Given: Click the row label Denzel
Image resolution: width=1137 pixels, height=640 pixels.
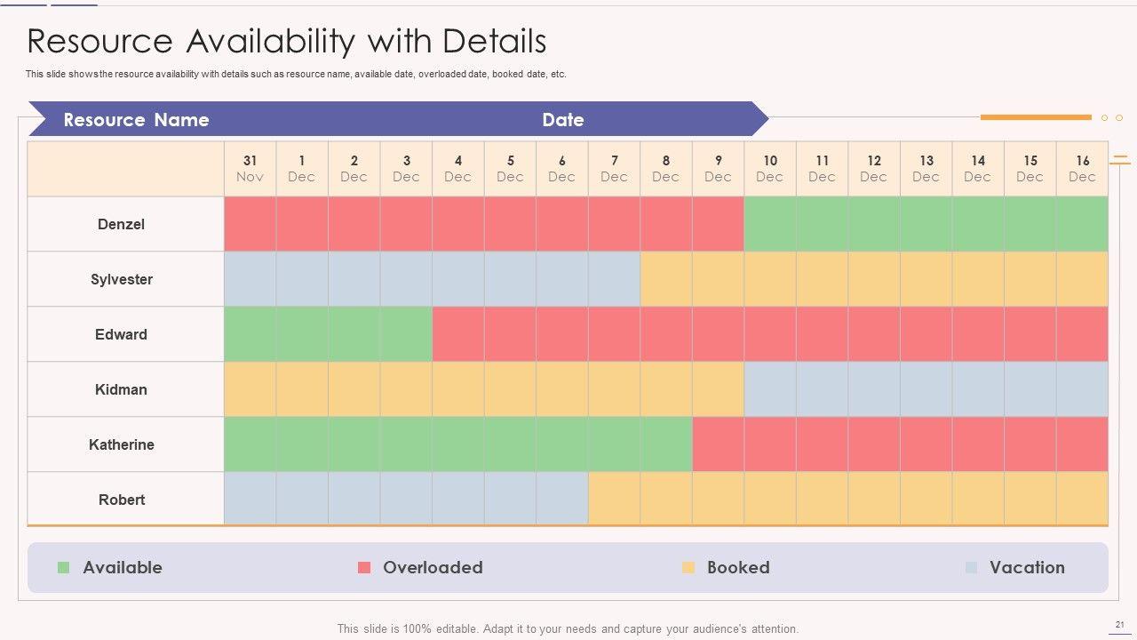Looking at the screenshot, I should pos(121,224).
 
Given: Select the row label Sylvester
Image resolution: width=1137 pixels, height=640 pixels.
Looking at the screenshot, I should pos(121,279).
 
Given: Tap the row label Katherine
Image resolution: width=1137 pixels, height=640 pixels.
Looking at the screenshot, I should pos(121,444).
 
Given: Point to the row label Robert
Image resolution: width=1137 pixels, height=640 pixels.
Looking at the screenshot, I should pos(121,500).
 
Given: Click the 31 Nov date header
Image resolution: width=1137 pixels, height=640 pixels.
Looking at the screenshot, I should pos(250,168).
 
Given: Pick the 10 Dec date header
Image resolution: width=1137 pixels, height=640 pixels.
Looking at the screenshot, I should pos(770,168).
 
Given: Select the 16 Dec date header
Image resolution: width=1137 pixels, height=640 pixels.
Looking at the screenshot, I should pos(1082,168).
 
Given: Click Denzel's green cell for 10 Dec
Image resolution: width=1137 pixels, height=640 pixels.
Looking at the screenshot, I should pos(770,224).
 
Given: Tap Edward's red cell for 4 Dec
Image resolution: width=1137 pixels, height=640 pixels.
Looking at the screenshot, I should pos(458,334).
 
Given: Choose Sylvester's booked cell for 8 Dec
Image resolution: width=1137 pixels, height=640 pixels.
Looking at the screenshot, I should pos(666,279).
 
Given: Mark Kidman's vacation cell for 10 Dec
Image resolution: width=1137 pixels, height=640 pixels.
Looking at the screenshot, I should pos(770,389).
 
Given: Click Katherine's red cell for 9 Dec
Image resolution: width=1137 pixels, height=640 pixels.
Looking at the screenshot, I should pos(718,444).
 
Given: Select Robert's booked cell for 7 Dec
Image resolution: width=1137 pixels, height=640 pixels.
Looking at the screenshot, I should pos(614,500).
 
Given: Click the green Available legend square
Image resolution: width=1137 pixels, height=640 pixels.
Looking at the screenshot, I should pos(63,567).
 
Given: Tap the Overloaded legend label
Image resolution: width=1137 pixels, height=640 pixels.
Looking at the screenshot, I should pos(433,567).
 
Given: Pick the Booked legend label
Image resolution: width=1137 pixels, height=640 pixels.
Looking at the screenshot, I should pos(738,567).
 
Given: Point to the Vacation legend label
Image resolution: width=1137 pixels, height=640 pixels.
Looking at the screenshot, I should pos(1027,567).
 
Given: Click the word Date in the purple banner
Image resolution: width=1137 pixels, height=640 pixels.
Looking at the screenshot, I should pos(563,120).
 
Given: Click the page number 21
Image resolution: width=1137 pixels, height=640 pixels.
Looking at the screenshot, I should pos(1118,625).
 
